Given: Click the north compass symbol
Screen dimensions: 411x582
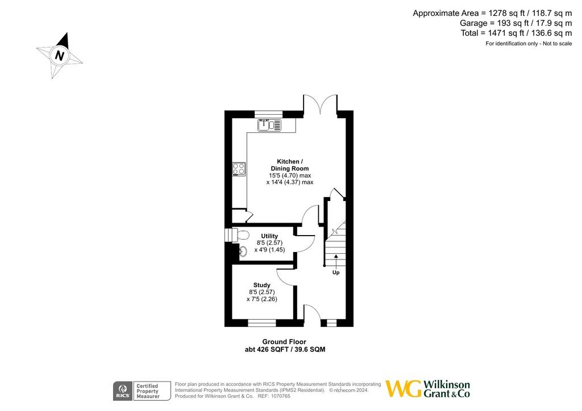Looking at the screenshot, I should (59, 56).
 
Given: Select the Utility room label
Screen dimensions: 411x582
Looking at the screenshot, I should (269, 236).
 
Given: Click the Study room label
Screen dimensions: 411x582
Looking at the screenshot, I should (261, 285).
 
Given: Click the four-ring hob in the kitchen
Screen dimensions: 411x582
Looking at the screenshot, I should (239, 169).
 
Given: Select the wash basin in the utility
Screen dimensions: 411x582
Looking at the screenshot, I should (243, 251).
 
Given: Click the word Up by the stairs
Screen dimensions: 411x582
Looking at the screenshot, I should (336, 272).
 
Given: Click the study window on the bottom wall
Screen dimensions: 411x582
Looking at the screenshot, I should (262, 323).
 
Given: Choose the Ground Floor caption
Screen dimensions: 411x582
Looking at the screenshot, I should (284, 341).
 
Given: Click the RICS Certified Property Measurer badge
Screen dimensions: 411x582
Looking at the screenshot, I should (142, 391).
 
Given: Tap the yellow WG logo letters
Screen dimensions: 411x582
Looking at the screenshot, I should (404, 389).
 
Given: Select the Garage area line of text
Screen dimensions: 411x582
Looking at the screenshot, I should (516, 23).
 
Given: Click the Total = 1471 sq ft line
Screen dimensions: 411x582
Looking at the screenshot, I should (516, 33).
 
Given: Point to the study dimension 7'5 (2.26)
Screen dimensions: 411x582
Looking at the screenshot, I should (261, 299).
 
